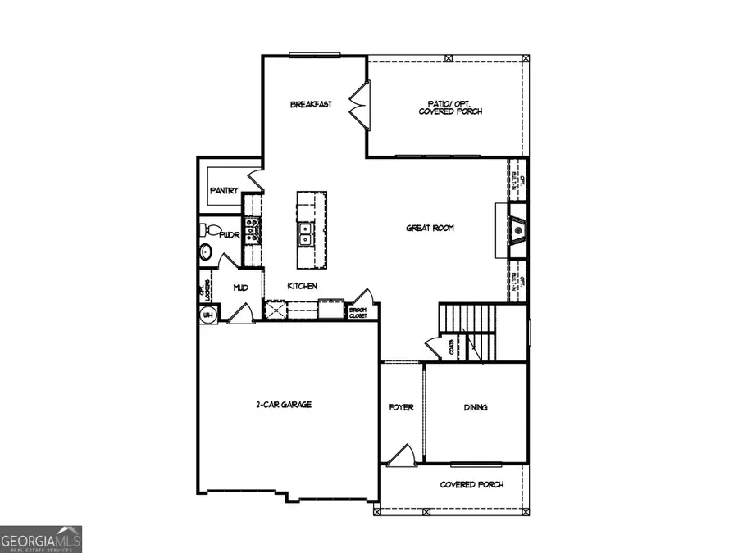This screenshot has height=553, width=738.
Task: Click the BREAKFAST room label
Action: (311, 105)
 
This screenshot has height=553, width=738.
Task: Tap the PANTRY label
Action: (224, 191)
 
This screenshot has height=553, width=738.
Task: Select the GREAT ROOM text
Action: (430, 228)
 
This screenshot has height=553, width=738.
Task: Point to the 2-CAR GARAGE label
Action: (285, 405)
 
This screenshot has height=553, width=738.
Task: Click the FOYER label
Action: (401, 407)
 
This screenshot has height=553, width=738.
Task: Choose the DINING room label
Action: (476, 407)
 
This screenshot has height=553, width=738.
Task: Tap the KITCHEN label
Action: (302, 286)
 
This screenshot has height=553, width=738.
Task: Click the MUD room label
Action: (240, 288)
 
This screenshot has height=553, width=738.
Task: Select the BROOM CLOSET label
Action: (358, 312)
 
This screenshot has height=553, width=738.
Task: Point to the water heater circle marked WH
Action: (207, 315)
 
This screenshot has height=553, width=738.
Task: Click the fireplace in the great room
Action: (517, 231)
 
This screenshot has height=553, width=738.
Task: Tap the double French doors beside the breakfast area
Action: (358, 106)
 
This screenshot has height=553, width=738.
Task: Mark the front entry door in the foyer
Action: (399, 456)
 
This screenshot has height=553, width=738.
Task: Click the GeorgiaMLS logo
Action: (41, 540)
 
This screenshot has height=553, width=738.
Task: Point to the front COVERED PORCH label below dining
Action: (471, 485)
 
